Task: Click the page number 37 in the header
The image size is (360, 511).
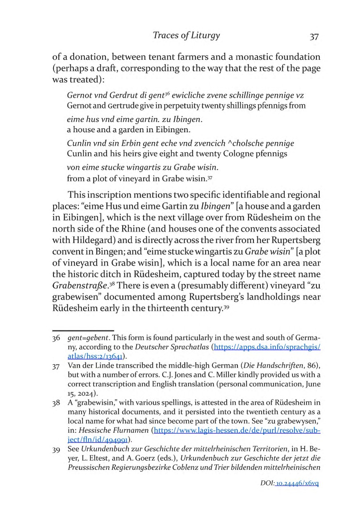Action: pyautogui.click(x=314, y=37)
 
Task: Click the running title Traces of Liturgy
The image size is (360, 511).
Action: pyautogui.click(x=186, y=35)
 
